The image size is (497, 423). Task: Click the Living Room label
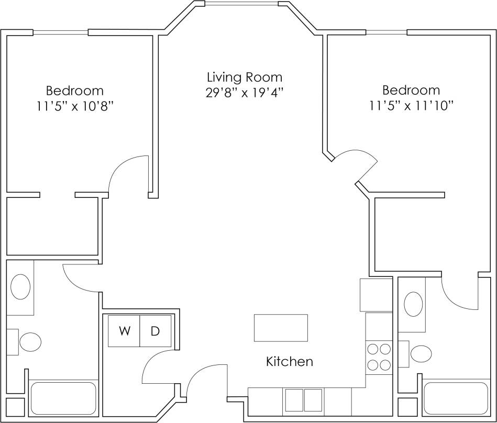(245, 77)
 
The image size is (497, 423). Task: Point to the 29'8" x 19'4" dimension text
(245, 93)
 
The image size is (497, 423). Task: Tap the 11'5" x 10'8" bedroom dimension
(75, 106)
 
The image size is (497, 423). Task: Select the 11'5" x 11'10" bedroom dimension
(411, 105)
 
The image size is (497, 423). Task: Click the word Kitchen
(290, 361)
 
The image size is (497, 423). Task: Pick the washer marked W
(124, 331)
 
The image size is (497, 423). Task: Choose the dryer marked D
(156, 331)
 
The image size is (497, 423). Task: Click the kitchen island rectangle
(280, 328)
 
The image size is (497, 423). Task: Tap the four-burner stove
(379, 357)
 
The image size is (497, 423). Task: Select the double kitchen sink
(304, 400)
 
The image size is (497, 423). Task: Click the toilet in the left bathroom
(29, 342)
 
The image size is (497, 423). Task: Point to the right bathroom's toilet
(420, 353)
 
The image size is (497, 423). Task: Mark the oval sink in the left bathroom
(20, 287)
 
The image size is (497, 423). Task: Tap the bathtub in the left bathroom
(63, 398)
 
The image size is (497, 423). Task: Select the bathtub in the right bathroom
(456, 398)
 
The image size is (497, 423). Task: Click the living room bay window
(241, 4)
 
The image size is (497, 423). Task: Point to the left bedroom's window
(61, 32)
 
